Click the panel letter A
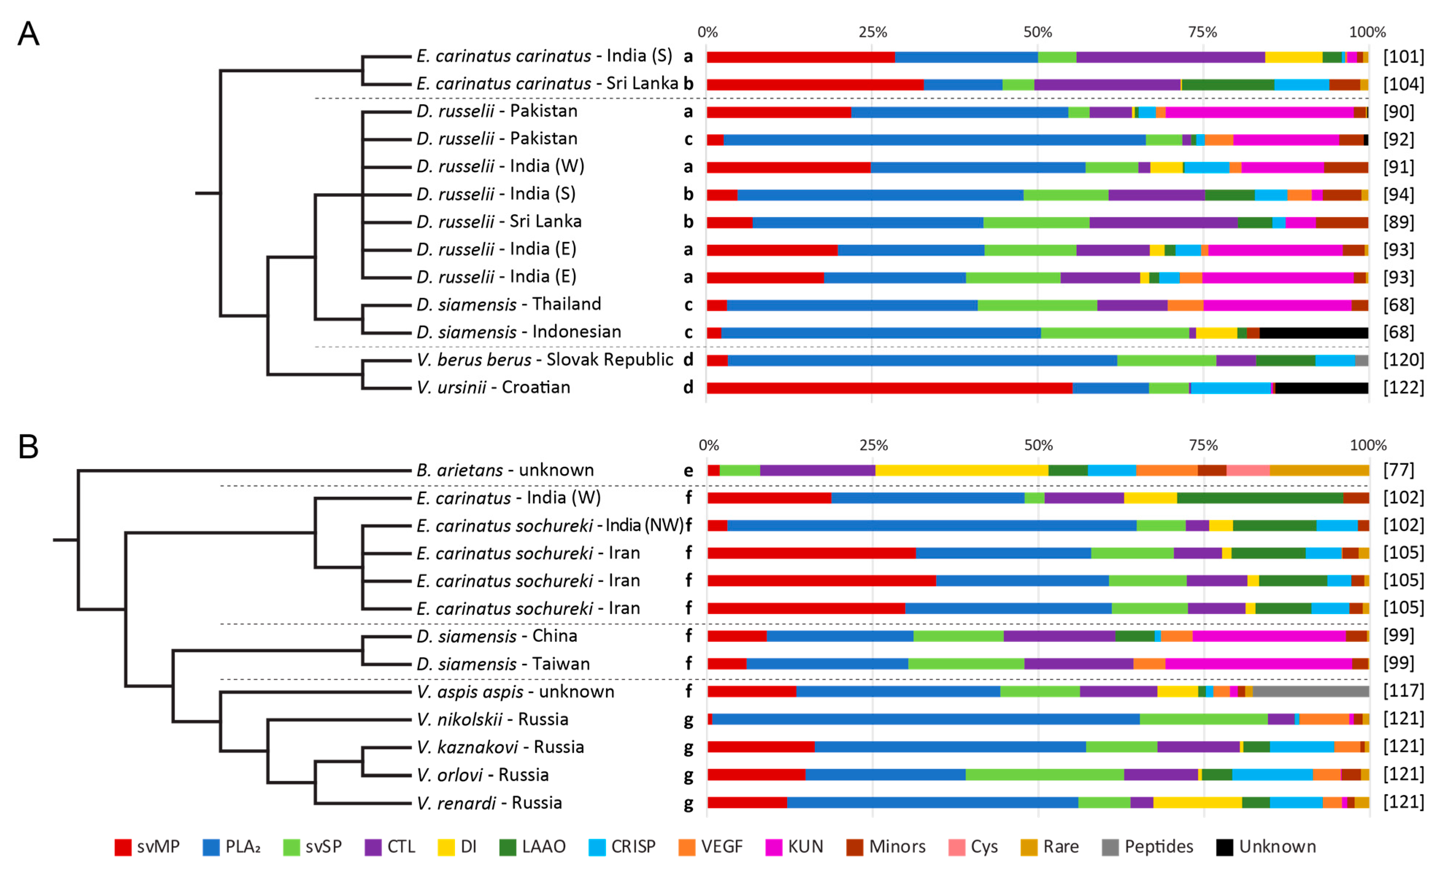point(28,34)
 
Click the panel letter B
point(28,446)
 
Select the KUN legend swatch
point(773,847)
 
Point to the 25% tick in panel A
point(872,32)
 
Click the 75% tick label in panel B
point(1203,445)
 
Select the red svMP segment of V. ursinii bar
point(887,388)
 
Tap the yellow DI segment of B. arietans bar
point(961,470)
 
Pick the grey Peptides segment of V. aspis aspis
point(1310,691)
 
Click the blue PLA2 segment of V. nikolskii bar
point(925,719)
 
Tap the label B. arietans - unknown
point(505,470)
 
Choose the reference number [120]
point(1403,360)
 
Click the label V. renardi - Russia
point(489,803)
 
